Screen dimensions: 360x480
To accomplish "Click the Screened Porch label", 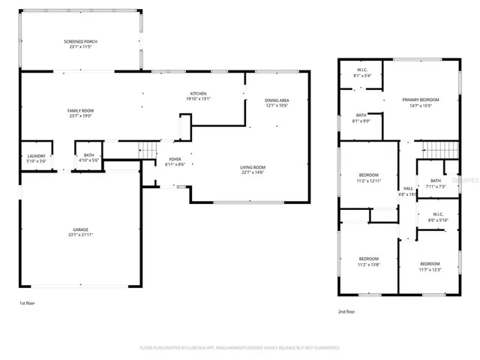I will click(x=81, y=43).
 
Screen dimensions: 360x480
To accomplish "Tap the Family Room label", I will click(x=81, y=113).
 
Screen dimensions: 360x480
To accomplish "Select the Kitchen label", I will click(x=198, y=95).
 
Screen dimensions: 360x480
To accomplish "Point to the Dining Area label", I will click(x=277, y=102).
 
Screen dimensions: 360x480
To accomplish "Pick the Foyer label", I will click(x=175, y=161).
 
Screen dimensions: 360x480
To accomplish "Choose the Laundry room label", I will click(x=36, y=158).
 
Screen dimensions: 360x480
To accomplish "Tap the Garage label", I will click(x=81, y=232).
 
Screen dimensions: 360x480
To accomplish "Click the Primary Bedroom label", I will click(x=420, y=102).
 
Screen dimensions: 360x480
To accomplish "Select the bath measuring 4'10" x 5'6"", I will click(x=88, y=158).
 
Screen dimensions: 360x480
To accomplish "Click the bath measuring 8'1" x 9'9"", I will click(x=361, y=118).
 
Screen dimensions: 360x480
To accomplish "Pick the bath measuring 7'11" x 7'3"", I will click(x=436, y=183).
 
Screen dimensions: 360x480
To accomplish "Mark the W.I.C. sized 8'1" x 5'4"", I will click(x=361, y=73).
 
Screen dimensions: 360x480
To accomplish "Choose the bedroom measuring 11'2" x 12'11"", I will click(x=368, y=178).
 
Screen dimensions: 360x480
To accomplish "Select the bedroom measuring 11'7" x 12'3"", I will click(x=430, y=266).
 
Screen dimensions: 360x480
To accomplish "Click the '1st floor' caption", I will click(x=28, y=303).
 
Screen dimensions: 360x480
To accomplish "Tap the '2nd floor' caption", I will click(x=347, y=310).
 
